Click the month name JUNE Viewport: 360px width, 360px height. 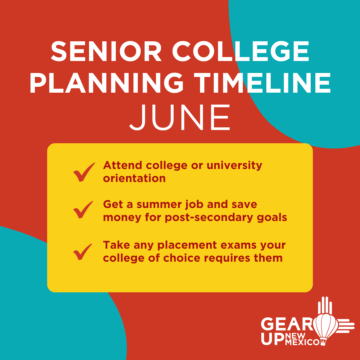coord(180,118)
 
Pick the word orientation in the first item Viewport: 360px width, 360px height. coord(134,178)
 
